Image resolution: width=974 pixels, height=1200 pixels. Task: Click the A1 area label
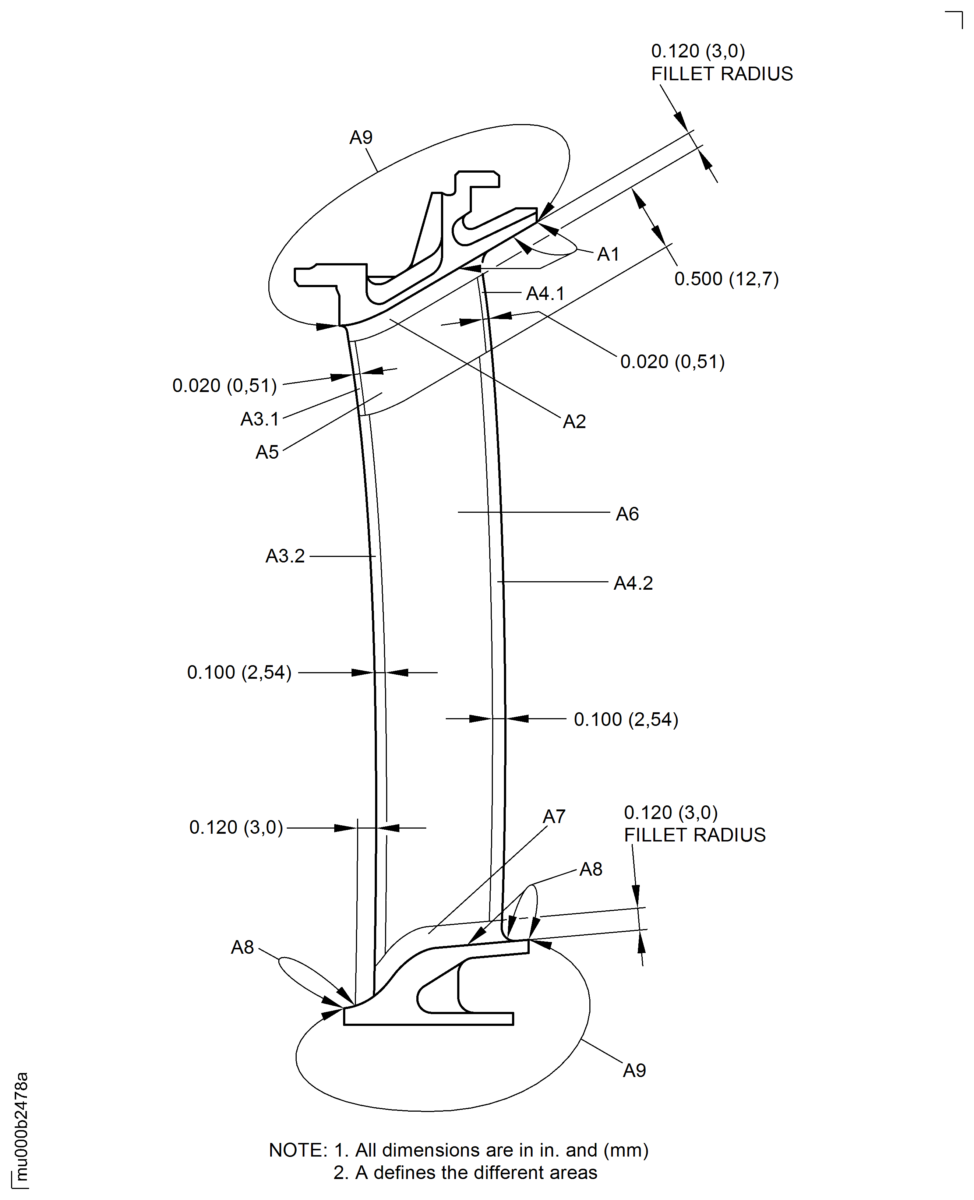coord(608,254)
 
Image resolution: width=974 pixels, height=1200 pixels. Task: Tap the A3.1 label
coord(260,419)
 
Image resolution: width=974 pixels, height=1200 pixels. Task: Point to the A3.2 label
coord(285,556)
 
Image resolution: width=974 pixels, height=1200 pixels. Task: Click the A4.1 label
coord(545,293)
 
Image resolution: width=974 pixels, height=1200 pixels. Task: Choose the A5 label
coord(267,452)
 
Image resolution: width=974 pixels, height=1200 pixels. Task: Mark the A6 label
coord(627,514)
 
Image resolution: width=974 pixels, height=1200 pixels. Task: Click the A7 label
coord(554,816)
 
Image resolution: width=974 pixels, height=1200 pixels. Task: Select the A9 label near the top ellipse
coord(361,137)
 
